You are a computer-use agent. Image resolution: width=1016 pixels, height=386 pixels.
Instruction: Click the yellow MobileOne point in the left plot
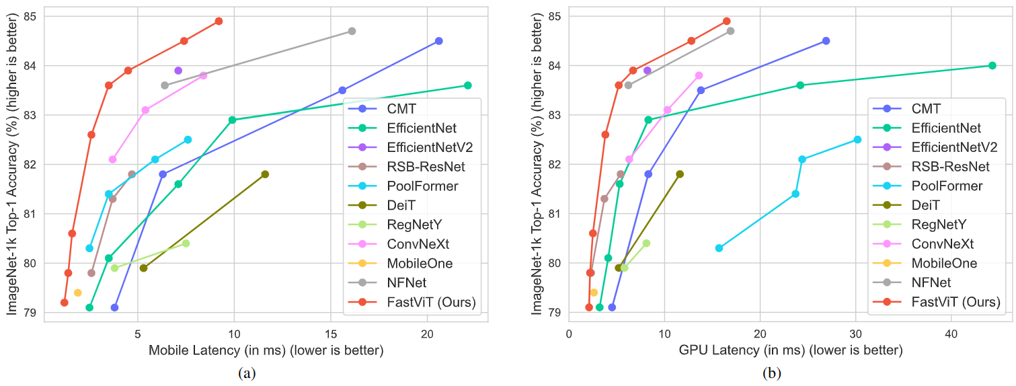tap(78, 293)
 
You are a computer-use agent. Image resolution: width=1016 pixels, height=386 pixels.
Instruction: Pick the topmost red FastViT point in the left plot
tap(219, 22)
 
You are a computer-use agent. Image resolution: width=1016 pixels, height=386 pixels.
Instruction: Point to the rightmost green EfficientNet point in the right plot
tap(992, 65)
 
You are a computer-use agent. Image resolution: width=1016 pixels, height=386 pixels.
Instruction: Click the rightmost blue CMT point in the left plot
tap(439, 41)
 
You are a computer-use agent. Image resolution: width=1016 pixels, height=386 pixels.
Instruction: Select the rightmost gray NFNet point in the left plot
tap(352, 31)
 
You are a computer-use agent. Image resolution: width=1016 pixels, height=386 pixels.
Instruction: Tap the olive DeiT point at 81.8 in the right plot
tap(680, 174)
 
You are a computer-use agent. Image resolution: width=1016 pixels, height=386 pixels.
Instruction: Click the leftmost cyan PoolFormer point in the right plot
tap(719, 248)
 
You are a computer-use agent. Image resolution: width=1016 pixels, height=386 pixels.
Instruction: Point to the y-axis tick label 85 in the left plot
tap(32, 16)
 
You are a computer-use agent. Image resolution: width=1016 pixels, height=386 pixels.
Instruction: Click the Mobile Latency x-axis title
tap(266, 350)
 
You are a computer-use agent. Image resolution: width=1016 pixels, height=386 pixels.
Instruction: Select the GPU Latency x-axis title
tap(791, 350)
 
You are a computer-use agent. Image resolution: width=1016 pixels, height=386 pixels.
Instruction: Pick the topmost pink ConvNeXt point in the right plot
tap(699, 75)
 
